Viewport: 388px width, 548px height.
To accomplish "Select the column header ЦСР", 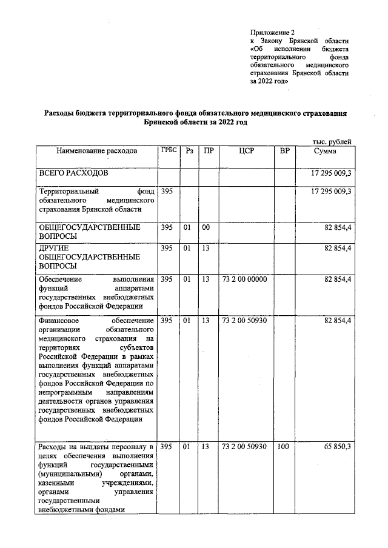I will tap(246, 150).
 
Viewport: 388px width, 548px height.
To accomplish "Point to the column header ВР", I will tap(284, 150).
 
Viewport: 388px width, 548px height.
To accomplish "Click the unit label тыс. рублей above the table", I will tap(332, 141).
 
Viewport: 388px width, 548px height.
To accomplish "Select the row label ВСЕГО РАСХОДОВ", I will tap(73, 173).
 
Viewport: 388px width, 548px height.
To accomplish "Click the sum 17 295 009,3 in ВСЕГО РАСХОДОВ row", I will tap(330, 173).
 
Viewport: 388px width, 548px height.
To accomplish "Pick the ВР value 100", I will tap(282, 446).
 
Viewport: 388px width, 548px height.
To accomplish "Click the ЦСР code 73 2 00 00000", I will tap(244, 279).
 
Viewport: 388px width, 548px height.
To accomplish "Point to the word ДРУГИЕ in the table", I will tap(54, 248).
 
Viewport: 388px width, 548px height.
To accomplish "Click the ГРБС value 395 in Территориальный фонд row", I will tap(167, 191).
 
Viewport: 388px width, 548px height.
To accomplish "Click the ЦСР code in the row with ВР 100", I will tap(244, 446).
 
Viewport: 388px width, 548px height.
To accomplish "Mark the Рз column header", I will tap(189, 150).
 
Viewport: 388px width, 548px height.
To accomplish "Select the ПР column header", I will tap(208, 150).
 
